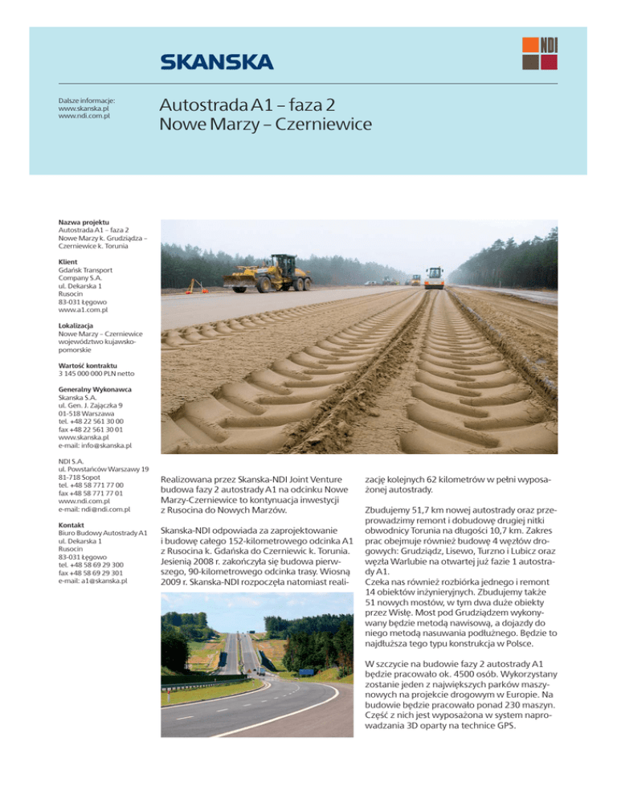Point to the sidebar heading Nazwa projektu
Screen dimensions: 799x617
84,221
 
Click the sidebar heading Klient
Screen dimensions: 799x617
69,262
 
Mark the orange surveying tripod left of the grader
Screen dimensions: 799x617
192,283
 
